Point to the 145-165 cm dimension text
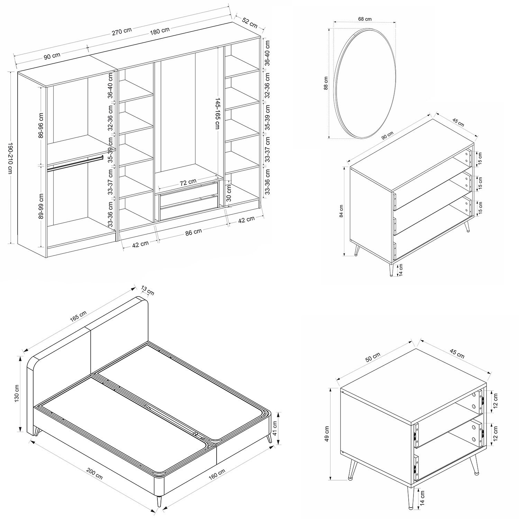217,112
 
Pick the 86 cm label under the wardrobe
193,232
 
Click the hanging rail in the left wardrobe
75,163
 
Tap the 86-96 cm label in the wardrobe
41,125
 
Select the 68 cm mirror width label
365,19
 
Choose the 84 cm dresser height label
341,211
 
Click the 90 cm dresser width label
388,135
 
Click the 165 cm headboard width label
79,316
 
